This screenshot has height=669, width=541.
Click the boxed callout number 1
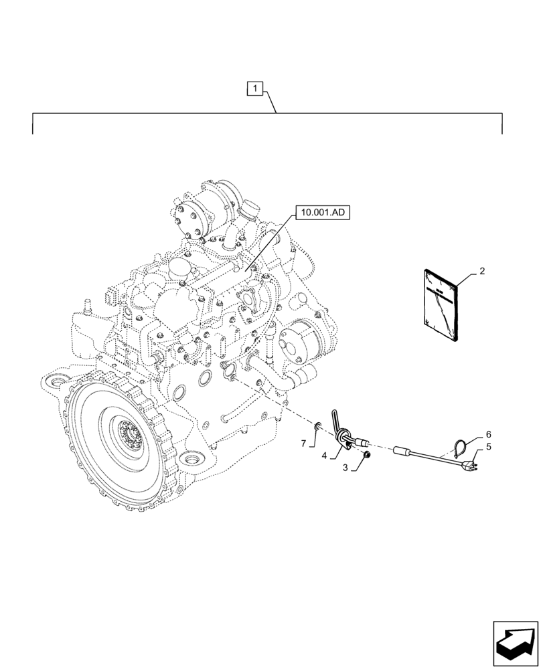click(255, 87)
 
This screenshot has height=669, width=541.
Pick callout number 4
click(324, 456)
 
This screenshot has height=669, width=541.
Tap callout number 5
click(488, 446)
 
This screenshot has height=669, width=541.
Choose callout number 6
click(488, 434)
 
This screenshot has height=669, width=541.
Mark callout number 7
click(303, 444)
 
